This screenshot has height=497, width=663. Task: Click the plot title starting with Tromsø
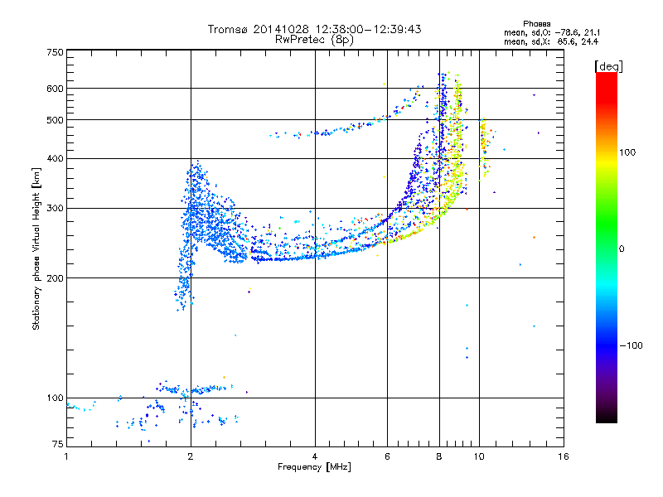[x=315, y=29]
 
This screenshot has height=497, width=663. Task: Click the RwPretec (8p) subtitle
[x=315, y=39]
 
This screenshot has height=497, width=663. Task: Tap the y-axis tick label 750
[x=55, y=51]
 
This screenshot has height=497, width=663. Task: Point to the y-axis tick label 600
[x=55, y=88]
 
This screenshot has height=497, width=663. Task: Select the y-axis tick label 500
[x=55, y=120]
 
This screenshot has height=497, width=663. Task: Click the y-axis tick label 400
[x=55, y=158]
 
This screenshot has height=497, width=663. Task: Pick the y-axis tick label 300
[x=55, y=208]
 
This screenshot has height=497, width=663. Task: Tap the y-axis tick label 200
[x=55, y=277]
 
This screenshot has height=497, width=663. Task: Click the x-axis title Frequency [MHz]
[x=315, y=467]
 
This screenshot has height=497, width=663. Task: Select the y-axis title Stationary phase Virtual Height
[x=37, y=248]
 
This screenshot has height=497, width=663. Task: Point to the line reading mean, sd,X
[x=551, y=41]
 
